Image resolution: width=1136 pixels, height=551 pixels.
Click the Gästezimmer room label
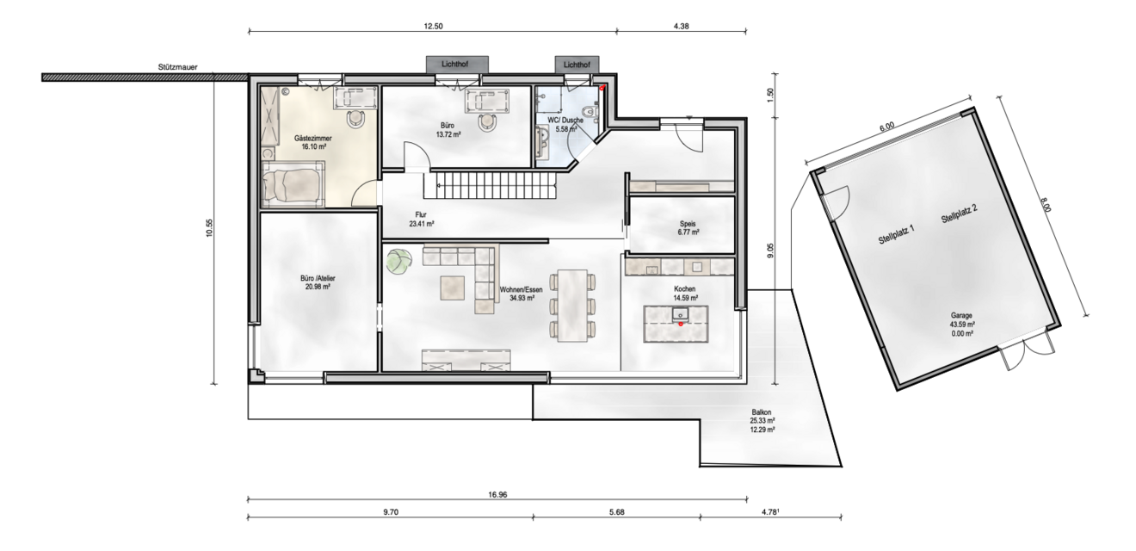tap(312, 138)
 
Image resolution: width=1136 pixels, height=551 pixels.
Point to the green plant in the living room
tap(398, 261)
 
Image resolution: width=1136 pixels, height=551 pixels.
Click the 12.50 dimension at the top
tap(433, 27)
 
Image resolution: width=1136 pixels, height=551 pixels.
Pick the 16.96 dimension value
tap(497, 494)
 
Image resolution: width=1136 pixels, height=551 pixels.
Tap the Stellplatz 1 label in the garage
tap(896, 236)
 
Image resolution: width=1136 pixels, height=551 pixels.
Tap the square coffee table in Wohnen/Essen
tap(453, 286)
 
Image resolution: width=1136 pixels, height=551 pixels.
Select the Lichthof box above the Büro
tap(457, 65)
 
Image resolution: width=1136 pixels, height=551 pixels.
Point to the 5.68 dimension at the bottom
tap(616, 511)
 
